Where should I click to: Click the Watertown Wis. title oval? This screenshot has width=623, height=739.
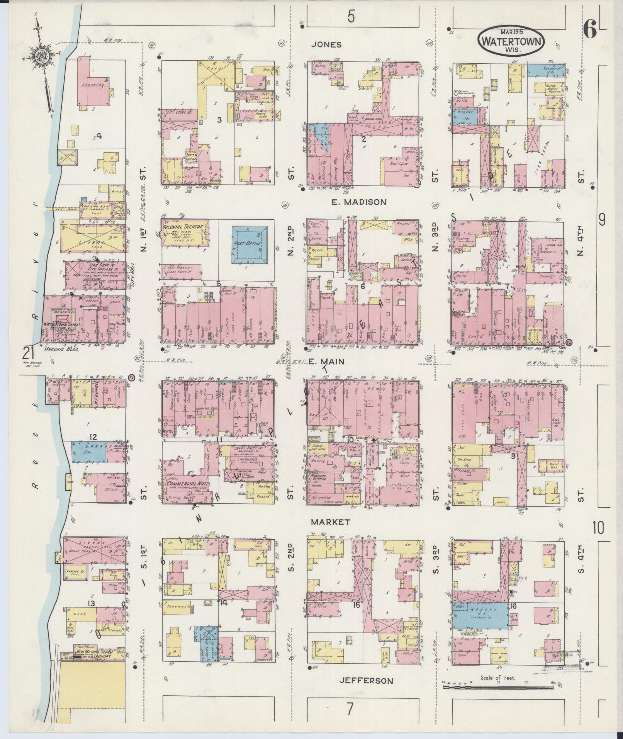[512, 41]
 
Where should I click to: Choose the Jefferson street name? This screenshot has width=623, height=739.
[366, 681]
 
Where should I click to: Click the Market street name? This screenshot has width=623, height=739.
[331, 522]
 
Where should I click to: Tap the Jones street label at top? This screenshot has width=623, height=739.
[326, 45]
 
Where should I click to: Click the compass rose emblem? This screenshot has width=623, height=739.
[40, 56]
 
